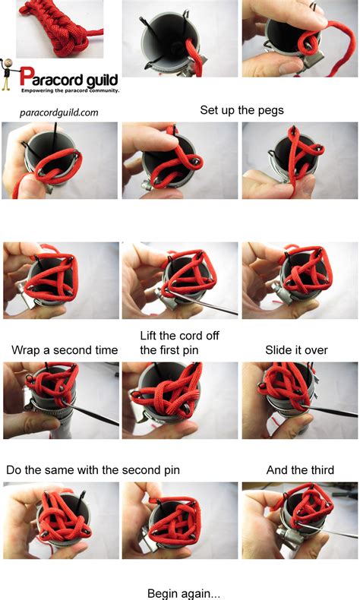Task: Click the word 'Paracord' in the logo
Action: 51,77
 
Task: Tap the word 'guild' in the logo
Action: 102,80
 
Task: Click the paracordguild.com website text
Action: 59,112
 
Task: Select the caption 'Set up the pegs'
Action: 242,110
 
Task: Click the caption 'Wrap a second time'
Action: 65,350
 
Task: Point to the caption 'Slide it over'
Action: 296,350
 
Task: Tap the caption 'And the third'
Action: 300,470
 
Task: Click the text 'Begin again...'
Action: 184,593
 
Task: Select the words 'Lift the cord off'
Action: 179,336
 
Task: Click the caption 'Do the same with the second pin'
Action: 93,470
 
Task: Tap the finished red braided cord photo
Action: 60,29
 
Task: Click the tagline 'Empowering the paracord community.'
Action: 71,90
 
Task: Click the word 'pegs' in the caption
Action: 271,111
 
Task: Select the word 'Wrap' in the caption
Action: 25,351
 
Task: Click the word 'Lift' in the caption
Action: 148,336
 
